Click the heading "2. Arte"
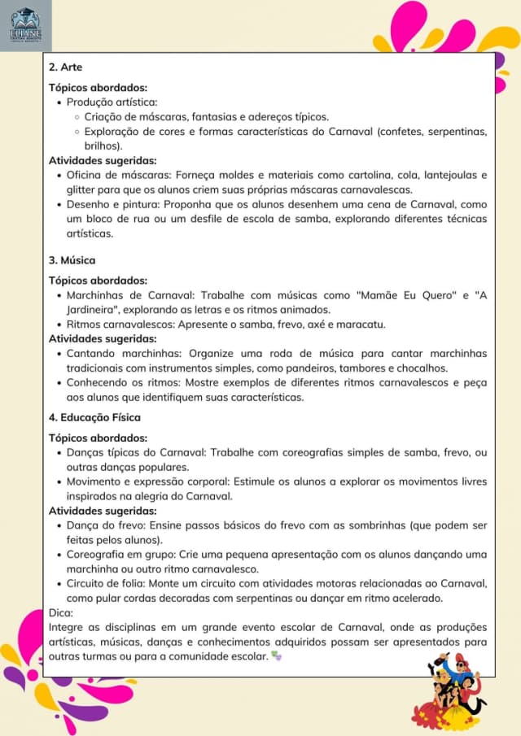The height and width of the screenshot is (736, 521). (66, 67)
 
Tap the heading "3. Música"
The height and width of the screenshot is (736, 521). (72, 260)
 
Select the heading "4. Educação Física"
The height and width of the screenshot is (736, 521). (94, 417)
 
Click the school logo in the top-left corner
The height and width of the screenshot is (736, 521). (25, 26)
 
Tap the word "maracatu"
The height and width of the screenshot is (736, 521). (359, 324)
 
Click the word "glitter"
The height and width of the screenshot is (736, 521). (81, 189)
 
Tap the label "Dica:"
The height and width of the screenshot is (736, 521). (61, 613)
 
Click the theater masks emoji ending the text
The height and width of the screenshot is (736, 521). (275, 655)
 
